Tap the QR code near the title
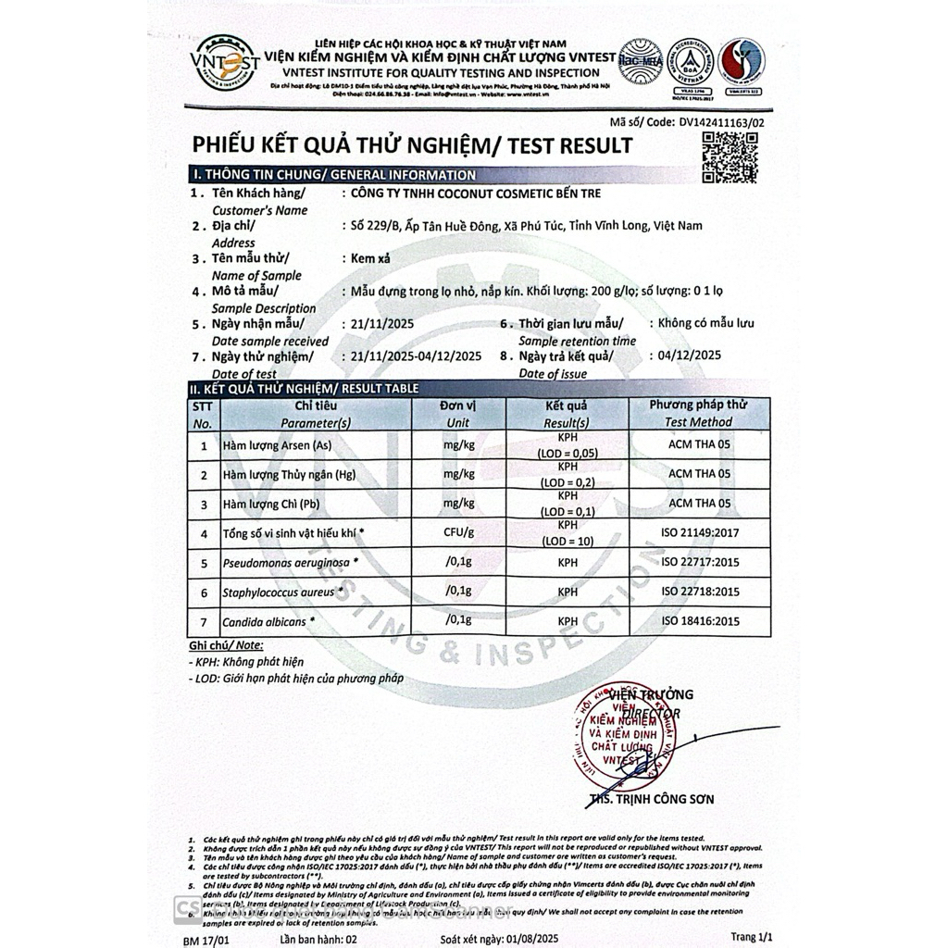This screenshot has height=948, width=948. point(730,156)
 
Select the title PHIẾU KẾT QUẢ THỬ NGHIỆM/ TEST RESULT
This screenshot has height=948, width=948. point(412,145)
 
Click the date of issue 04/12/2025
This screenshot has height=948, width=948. point(688,355)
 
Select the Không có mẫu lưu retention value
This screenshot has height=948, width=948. point(705,323)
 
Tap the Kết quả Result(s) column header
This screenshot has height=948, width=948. point(567,414)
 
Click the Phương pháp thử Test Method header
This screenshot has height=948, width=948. point(698,413)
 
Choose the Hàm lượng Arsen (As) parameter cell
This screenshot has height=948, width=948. point(277,446)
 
